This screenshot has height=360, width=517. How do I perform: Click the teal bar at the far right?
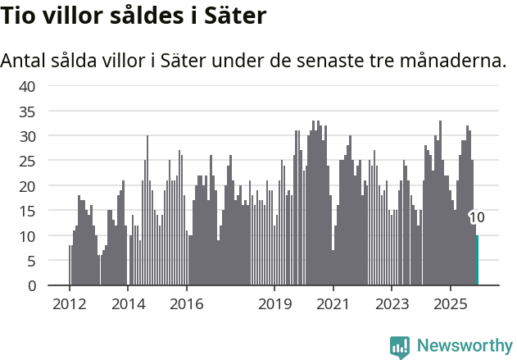(477, 261)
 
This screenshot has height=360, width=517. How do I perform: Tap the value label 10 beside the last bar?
(478, 217)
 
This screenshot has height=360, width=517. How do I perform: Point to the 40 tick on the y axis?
(27, 85)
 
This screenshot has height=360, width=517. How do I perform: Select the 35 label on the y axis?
(27, 111)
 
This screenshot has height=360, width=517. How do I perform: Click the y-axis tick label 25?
(27, 161)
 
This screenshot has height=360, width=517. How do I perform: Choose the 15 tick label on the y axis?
(27, 211)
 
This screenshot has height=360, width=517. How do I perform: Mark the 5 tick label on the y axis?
(31, 261)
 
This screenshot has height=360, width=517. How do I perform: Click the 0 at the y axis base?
(31, 285)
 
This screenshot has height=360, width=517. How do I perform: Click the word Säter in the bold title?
(238, 16)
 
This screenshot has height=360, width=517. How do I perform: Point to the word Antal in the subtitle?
(25, 61)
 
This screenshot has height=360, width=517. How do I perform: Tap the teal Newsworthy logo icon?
(400, 346)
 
